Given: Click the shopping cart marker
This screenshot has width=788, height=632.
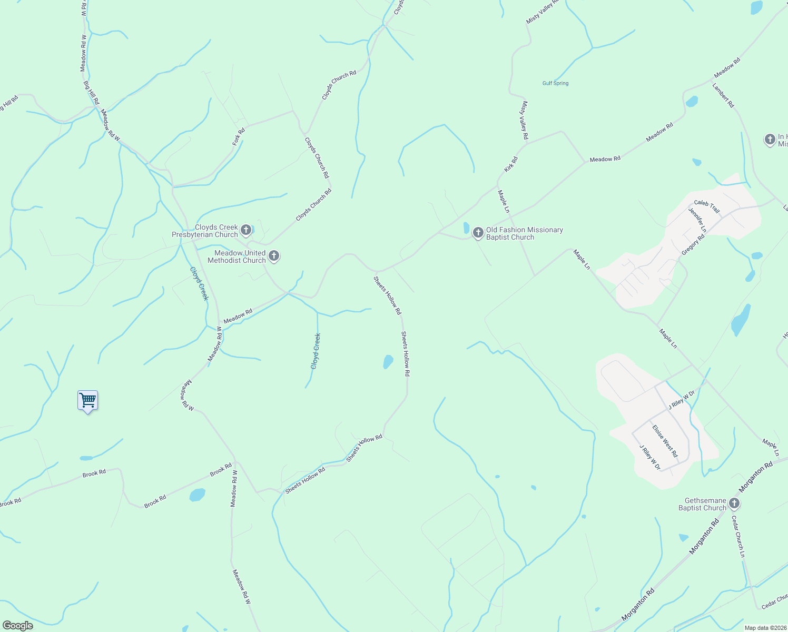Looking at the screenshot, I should coord(87,401).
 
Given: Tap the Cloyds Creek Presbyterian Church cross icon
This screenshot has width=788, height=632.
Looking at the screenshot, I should coord(245,230).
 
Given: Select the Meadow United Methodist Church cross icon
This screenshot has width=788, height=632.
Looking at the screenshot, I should coord(273,256).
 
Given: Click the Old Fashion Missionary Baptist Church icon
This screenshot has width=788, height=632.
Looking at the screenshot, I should coord(478,232).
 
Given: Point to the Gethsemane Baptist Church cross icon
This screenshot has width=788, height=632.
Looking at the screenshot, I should coord(734,503).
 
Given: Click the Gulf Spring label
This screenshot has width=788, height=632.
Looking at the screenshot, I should coord(555,83).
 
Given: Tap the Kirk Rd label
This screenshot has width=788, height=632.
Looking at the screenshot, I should coord(510,164).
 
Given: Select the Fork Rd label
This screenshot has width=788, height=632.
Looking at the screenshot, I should coord(239,137).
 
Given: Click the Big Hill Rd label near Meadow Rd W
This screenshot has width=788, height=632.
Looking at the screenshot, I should coord(91,93).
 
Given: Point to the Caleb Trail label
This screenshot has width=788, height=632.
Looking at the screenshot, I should coord(706,206).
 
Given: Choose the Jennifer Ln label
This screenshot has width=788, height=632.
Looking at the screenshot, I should coord(697,220).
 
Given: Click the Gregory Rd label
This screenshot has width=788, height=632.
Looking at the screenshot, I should coord(693,245).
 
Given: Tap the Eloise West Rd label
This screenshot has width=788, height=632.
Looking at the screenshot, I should coord(665,441).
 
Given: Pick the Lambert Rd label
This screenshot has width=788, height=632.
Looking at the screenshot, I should coord(723,95).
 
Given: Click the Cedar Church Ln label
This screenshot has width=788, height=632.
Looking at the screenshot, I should coord(738,536).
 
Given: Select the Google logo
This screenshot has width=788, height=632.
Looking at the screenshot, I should coord(17,626).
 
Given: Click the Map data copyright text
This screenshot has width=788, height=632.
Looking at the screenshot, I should coord(765,628).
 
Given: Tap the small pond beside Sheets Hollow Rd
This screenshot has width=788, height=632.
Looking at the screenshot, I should coord(388,362).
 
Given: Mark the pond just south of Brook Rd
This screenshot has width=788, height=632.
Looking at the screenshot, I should coord(197,495).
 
